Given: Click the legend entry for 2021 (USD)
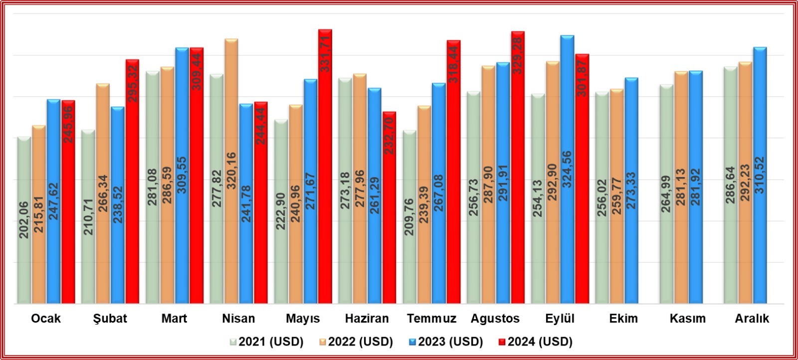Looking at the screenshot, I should (x=266, y=342).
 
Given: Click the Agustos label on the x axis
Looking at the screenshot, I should (x=495, y=319).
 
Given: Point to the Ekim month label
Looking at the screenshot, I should (x=623, y=319).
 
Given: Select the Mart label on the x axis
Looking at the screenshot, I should (x=174, y=319).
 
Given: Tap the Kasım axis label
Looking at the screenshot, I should (x=687, y=319).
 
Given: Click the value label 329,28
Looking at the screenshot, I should (x=518, y=55).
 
